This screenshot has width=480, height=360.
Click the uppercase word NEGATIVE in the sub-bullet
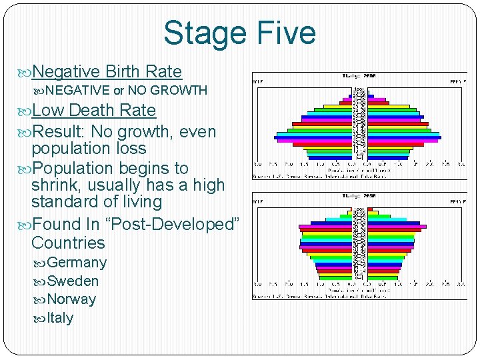click(78, 90)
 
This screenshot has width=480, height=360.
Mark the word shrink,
click(55, 185)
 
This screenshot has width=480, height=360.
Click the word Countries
click(68, 243)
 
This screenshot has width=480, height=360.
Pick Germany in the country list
click(77, 263)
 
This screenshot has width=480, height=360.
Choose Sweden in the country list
click(73, 281)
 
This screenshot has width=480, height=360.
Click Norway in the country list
click(71, 299)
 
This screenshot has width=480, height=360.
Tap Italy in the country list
click(60, 318)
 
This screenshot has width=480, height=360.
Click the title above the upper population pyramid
click(359, 76)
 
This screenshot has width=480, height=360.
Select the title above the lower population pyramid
click(359, 195)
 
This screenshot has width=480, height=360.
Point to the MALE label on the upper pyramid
click(257, 81)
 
